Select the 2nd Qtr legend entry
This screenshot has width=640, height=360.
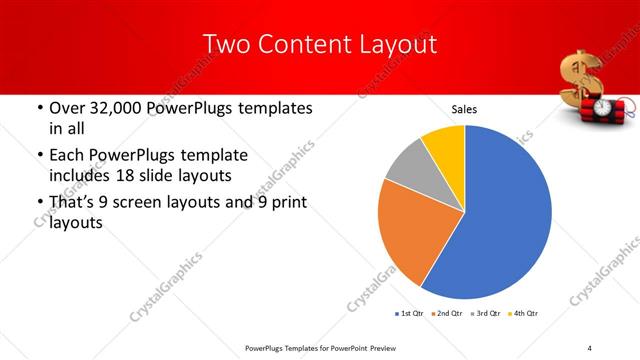click(x=446, y=314)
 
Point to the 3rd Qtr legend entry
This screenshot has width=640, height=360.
click(x=485, y=314)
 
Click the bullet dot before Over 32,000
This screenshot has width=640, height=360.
click(x=38, y=109)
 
